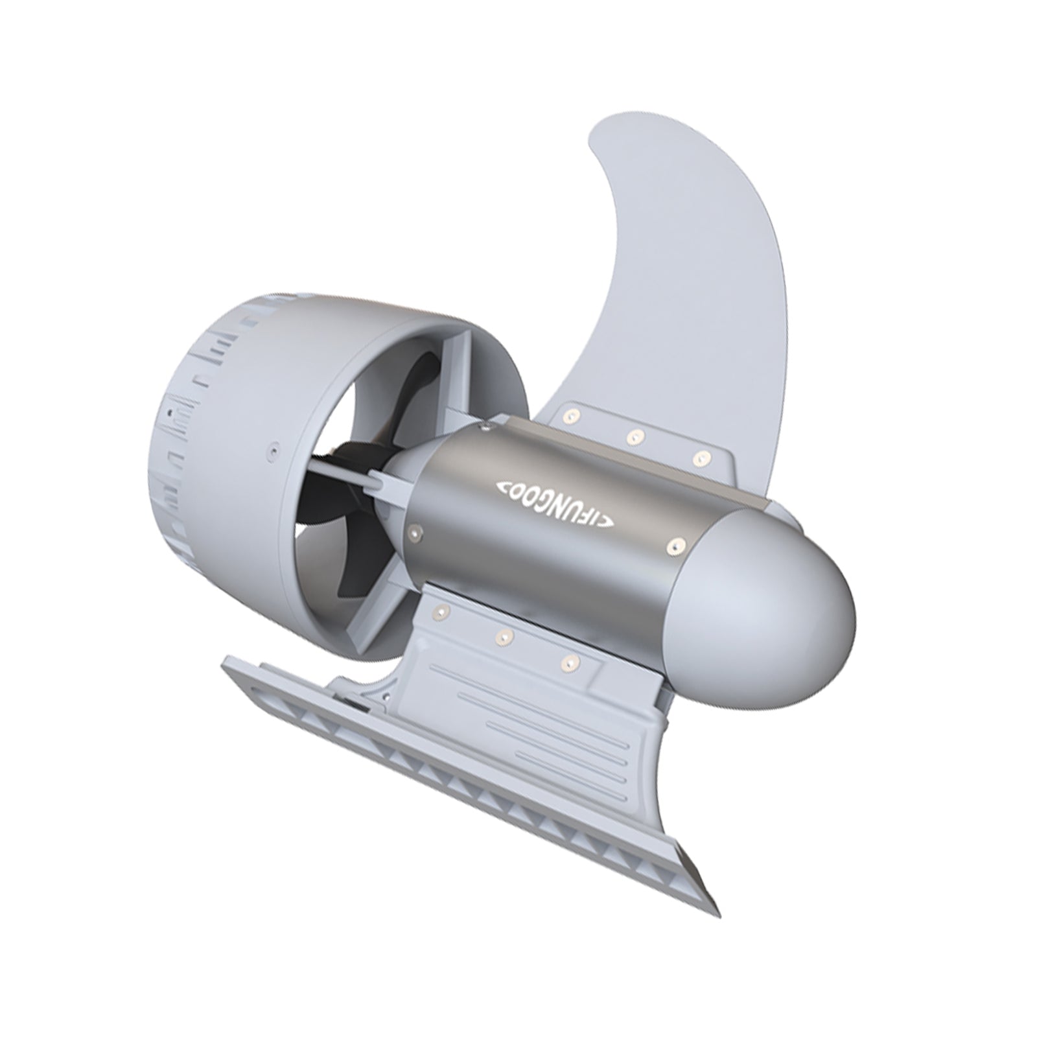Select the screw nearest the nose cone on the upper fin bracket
(698, 458)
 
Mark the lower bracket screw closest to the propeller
(443, 610)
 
